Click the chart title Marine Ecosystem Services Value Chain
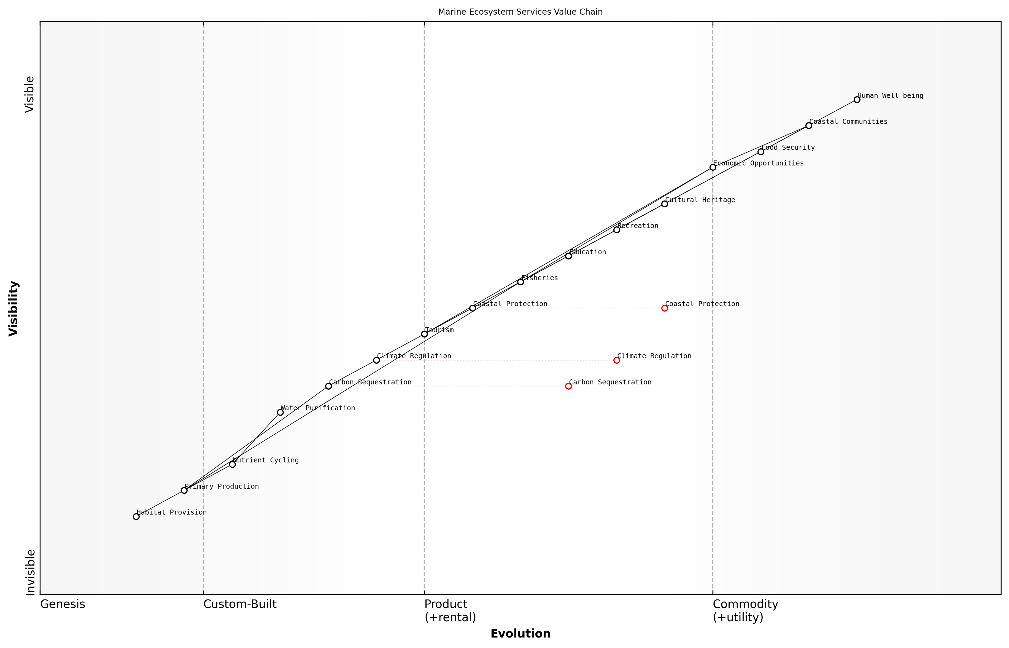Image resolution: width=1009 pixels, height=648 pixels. click(520, 12)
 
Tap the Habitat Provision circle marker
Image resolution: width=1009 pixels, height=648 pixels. click(136, 516)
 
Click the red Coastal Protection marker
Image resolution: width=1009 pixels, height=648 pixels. click(664, 308)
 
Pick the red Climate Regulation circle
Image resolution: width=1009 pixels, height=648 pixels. click(616, 360)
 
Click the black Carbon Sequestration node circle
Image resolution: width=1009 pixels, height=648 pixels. click(328, 386)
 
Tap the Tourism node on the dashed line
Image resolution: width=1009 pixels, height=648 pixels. click(424, 334)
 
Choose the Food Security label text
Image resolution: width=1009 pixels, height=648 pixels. click(788, 148)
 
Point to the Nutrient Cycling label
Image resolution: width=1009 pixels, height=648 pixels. click(266, 460)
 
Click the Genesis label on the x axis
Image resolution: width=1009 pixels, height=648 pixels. click(63, 604)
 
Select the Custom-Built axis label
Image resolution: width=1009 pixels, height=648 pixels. click(240, 604)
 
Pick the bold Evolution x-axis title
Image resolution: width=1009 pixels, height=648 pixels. click(520, 634)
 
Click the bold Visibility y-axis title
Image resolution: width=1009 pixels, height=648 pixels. click(14, 308)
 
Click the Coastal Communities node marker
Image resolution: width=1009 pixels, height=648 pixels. click(808, 126)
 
